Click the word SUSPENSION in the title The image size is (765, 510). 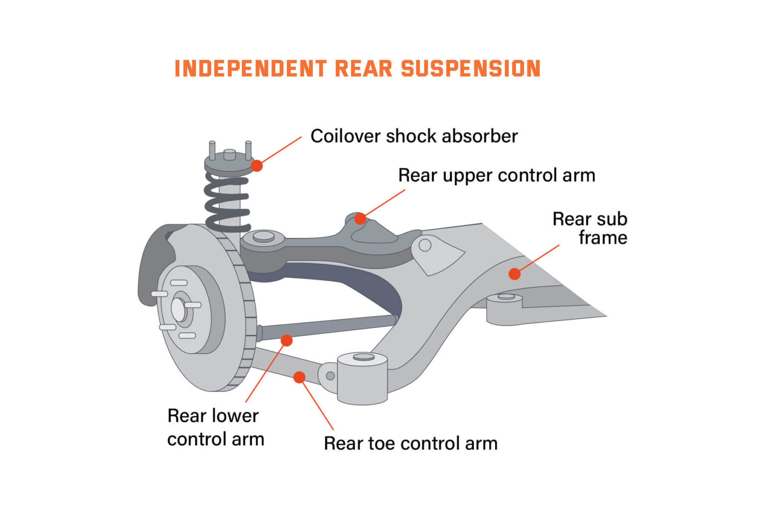471,69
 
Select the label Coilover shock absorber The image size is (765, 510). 414,136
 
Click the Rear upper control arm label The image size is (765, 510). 497,175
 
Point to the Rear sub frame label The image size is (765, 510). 590,228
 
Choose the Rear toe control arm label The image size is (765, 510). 410,443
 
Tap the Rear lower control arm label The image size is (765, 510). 215,427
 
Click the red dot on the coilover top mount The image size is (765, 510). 256,165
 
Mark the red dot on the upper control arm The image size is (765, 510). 360,219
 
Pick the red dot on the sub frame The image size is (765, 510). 514,273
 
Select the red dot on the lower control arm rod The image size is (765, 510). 286,340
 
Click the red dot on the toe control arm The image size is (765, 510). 299,377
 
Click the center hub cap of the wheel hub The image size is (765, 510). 179,309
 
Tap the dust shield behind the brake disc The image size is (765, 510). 152,264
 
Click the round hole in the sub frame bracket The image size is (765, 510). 425,245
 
